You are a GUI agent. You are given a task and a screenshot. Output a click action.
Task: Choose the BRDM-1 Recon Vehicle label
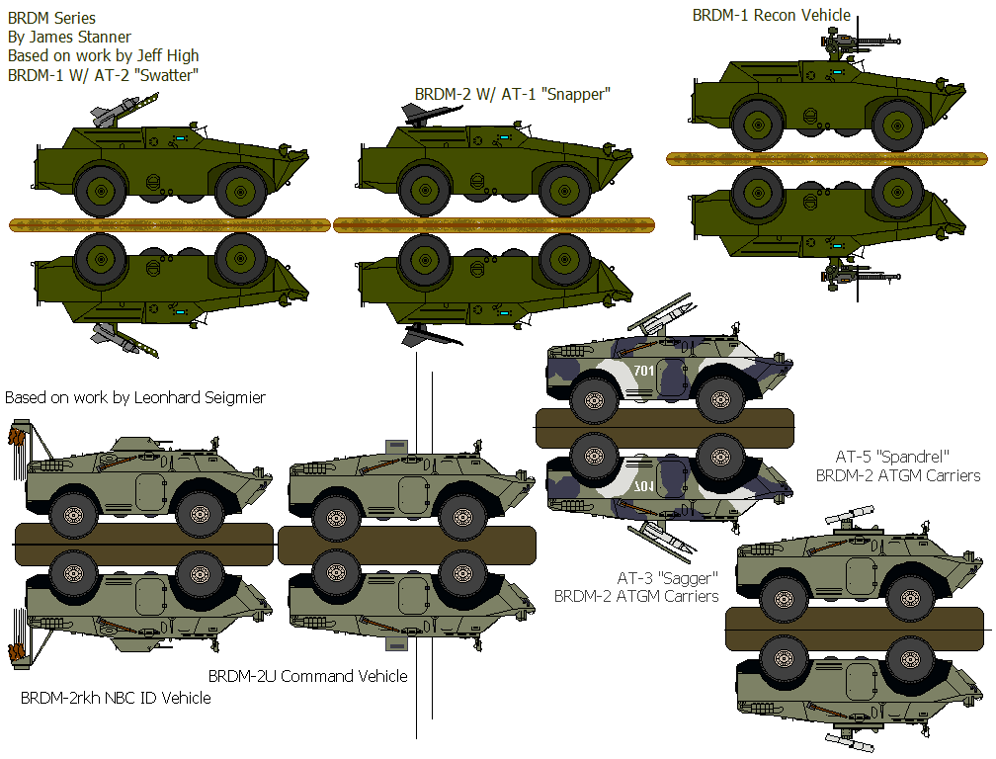[771, 16]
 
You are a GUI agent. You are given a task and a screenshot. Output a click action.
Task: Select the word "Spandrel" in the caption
[913, 457]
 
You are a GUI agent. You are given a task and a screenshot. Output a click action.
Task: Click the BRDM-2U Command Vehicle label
[307, 676]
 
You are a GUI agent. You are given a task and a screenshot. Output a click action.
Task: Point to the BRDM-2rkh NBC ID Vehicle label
[116, 698]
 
